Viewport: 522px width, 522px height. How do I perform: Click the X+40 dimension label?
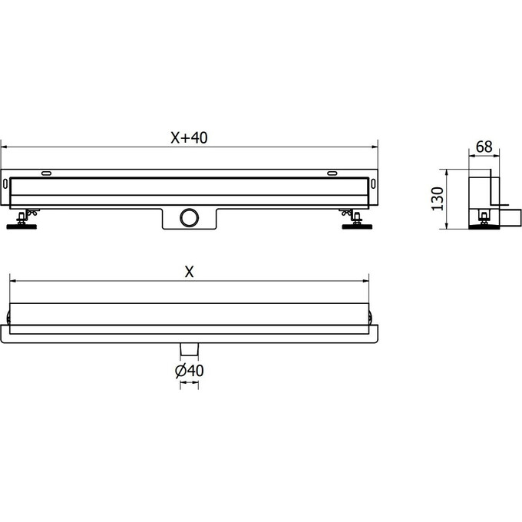click(189, 137)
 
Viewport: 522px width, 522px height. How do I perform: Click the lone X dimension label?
click(189, 272)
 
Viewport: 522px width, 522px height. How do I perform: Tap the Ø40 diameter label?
click(189, 371)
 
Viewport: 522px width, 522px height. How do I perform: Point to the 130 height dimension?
click(438, 198)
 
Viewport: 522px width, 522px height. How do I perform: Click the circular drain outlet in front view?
click(189, 217)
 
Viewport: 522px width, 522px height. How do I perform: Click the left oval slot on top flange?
click(47, 173)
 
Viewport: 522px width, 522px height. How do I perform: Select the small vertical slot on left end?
click(8, 184)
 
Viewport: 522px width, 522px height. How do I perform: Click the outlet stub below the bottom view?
click(189, 350)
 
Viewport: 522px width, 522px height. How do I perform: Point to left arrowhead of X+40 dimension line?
click(3, 145)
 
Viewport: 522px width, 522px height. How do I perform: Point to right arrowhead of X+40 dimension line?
click(376, 145)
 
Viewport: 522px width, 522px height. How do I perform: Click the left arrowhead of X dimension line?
click(12, 281)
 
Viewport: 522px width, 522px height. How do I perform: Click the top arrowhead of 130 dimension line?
click(448, 169)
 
